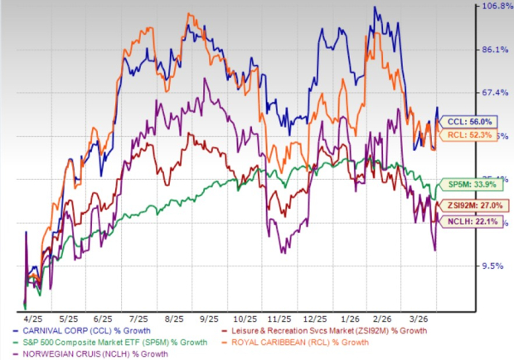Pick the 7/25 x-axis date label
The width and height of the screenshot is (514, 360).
click(x=137, y=318)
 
